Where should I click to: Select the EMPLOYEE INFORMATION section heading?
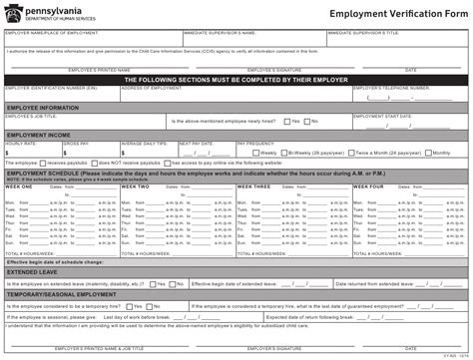pyautogui.click(x=43, y=107)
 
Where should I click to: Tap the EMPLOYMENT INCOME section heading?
pyautogui.click(x=39, y=134)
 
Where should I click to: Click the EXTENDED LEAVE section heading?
pyautogui.click(x=31, y=270)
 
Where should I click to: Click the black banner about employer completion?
pyautogui.click(x=236, y=78)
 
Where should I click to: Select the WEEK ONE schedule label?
pyautogui.click(x=19, y=186)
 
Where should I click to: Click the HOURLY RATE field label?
pyautogui.click(x=21, y=143)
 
